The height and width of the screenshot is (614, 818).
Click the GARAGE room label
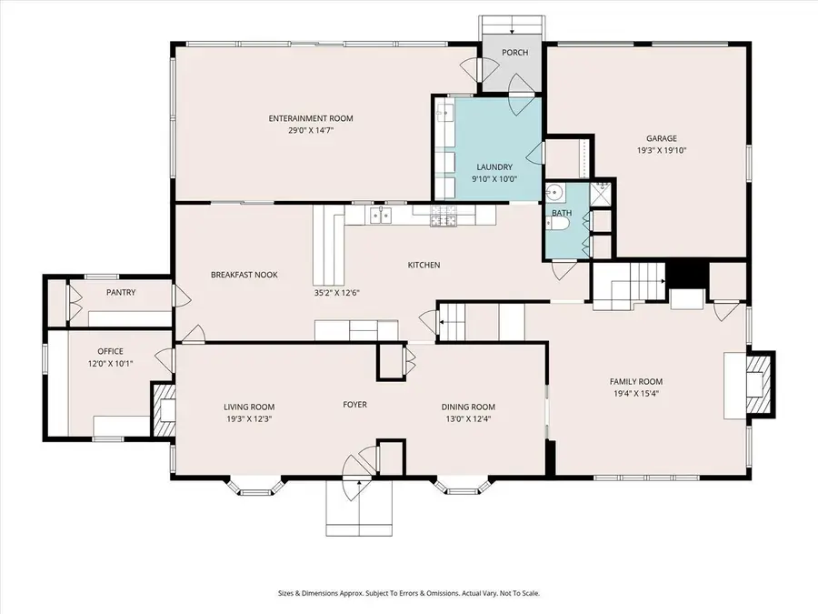pos(661,138)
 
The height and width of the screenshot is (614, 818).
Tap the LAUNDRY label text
pos(495,166)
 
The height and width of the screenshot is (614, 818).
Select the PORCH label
pos(514,53)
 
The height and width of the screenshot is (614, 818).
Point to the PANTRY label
pos(121,292)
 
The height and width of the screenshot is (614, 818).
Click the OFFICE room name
pos(110,351)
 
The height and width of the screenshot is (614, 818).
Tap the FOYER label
pos(354,404)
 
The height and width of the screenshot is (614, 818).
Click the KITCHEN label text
pos(424,265)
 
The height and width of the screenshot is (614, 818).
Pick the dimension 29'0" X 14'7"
pos(310,130)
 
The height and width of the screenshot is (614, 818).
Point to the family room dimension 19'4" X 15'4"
pos(636,394)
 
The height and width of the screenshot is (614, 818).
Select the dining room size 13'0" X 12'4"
pos(468,418)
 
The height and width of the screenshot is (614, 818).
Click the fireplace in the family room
pos(756,383)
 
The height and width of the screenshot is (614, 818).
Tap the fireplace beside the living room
pos(164,414)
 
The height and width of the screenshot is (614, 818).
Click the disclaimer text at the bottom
pos(409,593)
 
